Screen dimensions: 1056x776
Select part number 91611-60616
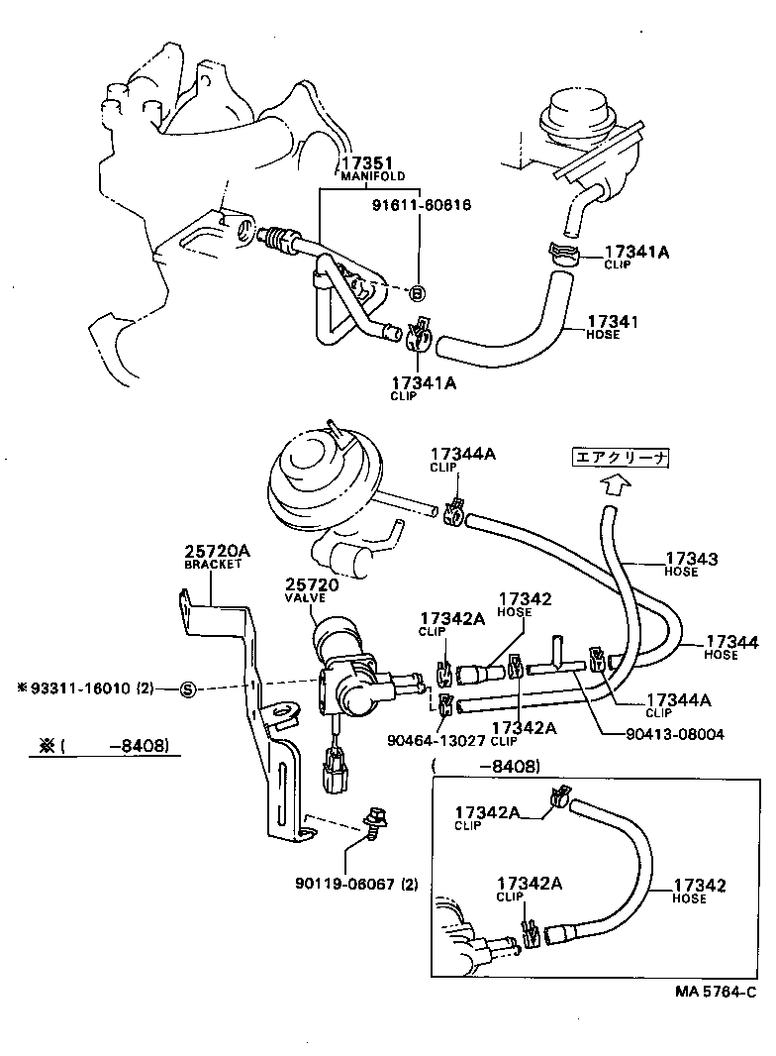422,205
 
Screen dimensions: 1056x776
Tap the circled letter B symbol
417,293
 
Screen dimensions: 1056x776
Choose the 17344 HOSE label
733,647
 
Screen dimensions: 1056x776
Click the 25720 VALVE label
312,590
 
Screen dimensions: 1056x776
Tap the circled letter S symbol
187,688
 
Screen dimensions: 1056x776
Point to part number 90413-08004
675,734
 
